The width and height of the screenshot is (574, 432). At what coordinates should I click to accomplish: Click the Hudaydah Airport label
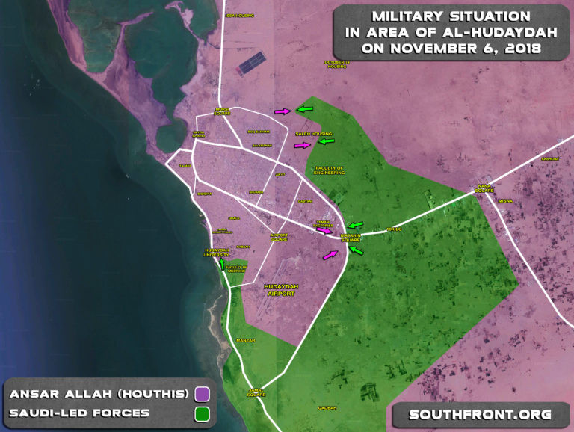(x=280, y=290)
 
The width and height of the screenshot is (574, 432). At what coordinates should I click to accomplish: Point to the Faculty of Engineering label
(x=329, y=170)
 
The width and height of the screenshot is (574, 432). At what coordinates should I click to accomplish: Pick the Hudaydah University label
(x=215, y=253)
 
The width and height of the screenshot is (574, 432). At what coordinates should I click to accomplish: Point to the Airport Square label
(x=279, y=238)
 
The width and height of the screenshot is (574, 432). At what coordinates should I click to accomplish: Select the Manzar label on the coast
(x=245, y=340)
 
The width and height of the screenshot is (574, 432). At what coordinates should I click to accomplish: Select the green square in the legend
(x=201, y=413)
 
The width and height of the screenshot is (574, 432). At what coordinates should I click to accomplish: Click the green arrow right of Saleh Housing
(x=325, y=141)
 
